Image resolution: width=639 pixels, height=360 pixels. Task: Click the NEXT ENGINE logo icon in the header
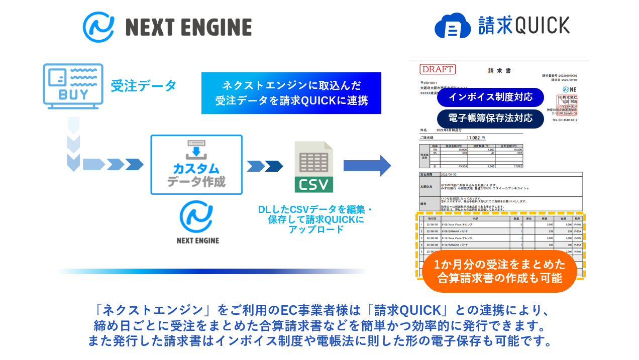pyautogui.click(x=99, y=26)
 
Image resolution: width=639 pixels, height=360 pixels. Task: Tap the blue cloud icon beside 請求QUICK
pyautogui.click(x=452, y=26)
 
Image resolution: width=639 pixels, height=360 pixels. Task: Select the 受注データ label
pyautogui.click(x=144, y=86)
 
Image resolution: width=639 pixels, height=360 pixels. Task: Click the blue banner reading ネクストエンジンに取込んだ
pyautogui.click(x=291, y=93)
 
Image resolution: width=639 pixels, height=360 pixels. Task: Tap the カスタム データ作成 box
pyautogui.click(x=196, y=165)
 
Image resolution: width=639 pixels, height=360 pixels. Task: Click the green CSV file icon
pyautogui.click(x=313, y=167)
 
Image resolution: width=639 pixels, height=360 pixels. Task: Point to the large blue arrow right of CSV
pyautogui.click(x=367, y=166)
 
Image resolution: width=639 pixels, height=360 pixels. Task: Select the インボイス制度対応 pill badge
pyautogui.click(x=490, y=97)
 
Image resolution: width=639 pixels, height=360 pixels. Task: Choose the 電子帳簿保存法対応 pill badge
pyautogui.click(x=490, y=118)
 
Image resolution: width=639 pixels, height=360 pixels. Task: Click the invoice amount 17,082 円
pyautogui.click(x=475, y=137)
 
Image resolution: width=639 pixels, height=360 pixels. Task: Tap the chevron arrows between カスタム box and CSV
pyautogui.click(x=265, y=166)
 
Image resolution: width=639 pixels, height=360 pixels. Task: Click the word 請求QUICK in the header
pyautogui.click(x=524, y=25)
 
